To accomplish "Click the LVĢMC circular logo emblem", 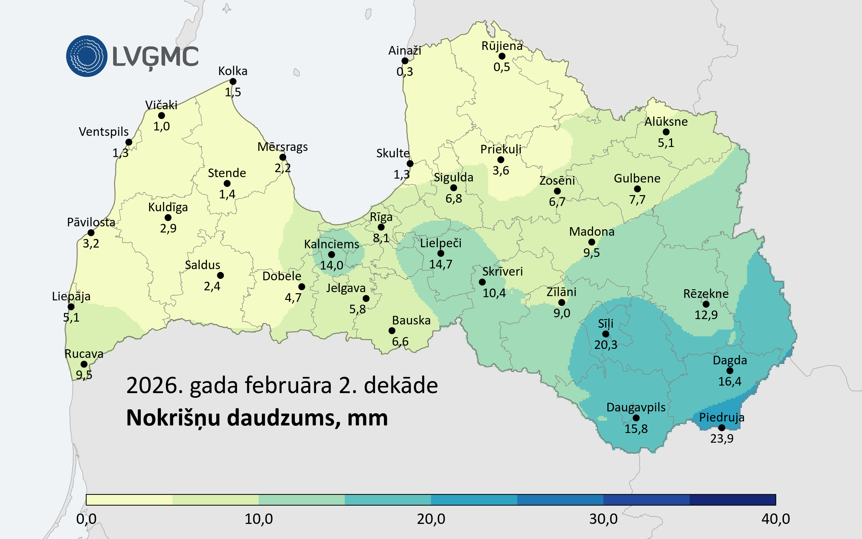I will [87, 56].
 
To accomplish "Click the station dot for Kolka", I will [233, 82].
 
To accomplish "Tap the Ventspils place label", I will [103, 132].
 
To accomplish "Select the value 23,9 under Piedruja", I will [722, 438].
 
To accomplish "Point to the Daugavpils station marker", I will [636, 418].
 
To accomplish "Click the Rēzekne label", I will [706, 294].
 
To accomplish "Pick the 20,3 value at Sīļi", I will [606, 345].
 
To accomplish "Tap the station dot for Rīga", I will [381, 227].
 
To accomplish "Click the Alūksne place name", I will [666, 121].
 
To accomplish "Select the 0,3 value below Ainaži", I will [404, 72].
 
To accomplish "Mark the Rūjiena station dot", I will [502, 56].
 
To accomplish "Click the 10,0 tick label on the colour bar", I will [259, 519].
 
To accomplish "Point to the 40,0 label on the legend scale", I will [775, 519].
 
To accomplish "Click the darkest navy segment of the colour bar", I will [732, 500].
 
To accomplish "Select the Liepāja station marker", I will [71, 307].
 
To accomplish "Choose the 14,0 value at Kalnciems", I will [332, 265].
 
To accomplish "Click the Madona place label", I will [592, 231].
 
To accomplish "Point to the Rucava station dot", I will [84, 364].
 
